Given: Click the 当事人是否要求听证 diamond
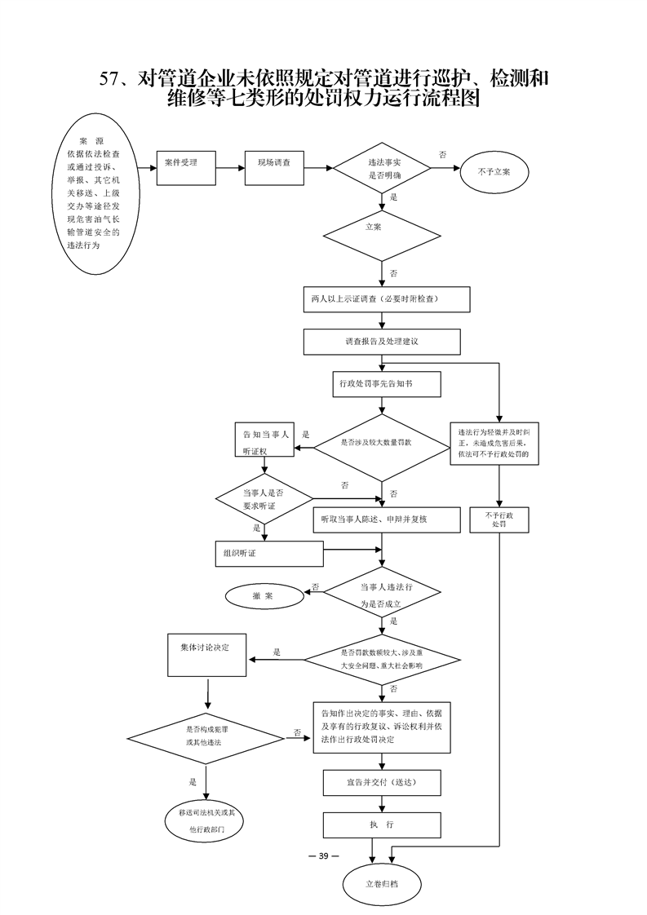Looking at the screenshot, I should click(264, 498).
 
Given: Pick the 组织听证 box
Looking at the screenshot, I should click(269, 553).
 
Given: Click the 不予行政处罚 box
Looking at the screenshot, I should click(499, 520).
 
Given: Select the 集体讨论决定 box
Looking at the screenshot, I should click(207, 653).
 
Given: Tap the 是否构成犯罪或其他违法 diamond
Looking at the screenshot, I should click(206, 736).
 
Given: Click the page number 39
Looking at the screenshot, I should click(323, 855).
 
